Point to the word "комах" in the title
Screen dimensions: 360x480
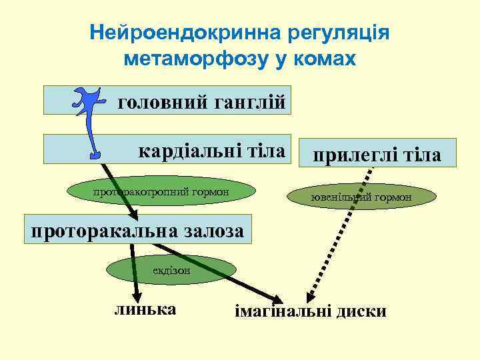click(x=326, y=59)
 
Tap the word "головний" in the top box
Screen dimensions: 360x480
click(x=163, y=103)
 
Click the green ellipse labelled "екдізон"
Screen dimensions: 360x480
click(x=171, y=271)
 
